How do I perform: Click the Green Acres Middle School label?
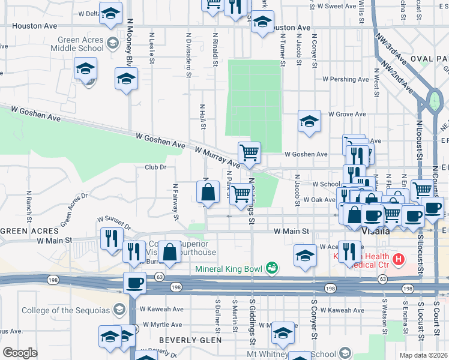(x=77, y=44)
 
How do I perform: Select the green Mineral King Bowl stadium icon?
(x=272, y=267)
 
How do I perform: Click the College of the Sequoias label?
(x=65, y=310)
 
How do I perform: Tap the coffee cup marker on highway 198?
(x=134, y=283)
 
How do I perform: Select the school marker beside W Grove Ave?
(x=309, y=121)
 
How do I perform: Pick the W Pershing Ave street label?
(x=344, y=79)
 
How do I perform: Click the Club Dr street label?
(x=154, y=167)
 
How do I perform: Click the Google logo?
(x=20, y=353)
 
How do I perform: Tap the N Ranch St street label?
(x=28, y=205)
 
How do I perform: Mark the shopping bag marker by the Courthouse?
(x=170, y=253)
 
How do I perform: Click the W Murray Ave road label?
(x=215, y=154)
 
